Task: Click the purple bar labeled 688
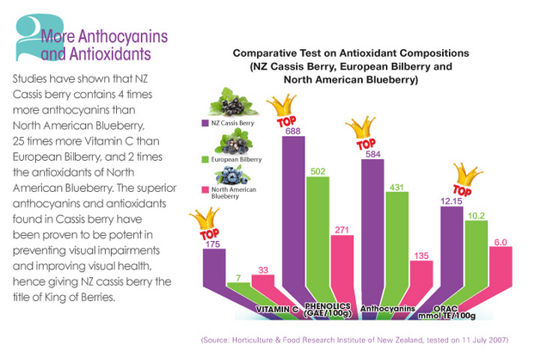click(292, 215)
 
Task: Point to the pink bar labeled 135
click(421, 280)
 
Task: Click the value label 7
click(238, 277)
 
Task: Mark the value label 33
click(261, 270)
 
